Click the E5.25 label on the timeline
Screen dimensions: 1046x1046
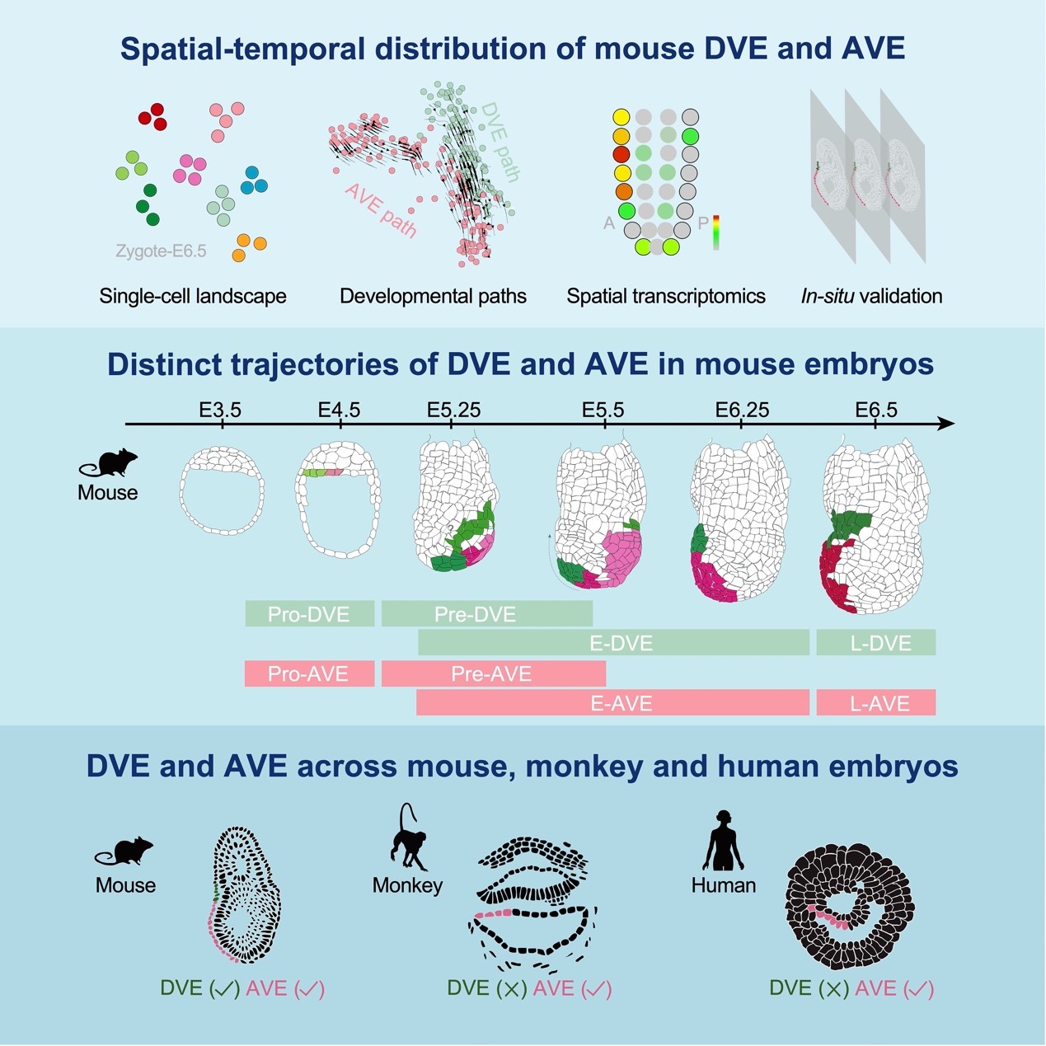coord(453,410)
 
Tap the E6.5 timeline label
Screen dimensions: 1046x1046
coord(876,410)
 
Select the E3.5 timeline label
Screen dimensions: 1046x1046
coord(220,410)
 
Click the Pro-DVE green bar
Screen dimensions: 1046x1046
coord(309,614)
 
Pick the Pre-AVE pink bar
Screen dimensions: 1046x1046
coord(493,674)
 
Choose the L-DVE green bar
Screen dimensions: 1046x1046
coord(876,643)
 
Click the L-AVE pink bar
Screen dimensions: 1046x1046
coord(876,703)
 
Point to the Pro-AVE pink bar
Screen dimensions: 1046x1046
coord(309,674)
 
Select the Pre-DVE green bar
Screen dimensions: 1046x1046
coord(486,614)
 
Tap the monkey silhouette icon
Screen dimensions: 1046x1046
coord(408,838)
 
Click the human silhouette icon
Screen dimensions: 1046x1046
coord(723,840)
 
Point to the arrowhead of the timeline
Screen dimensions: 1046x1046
coord(948,424)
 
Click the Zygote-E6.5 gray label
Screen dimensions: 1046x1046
coord(161,251)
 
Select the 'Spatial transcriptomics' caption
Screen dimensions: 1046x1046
coord(666,296)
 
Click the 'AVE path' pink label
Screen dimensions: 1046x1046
coord(380,211)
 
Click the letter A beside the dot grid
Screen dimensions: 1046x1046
coord(609,223)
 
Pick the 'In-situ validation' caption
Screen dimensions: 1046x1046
coord(871,296)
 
